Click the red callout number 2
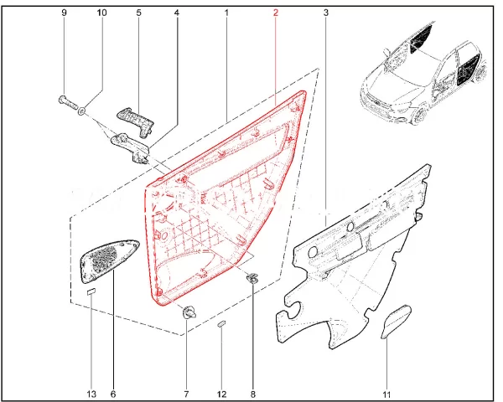pyautogui.click(x=276, y=13)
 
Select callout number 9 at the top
pyautogui.click(x=65, y=13)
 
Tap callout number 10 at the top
pyautogui.click(x=101, y=13)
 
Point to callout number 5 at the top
pyautogui.click(x=138, y=13)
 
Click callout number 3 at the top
pyautogui.click(x=326, y=13)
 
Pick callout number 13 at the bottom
pyautogui.click(x=91, y=394)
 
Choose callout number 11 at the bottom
pyautogui.click(x=386, y=394)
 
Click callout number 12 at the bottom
pyautogui.click(x=221, y=394)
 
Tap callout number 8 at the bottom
pyautogui.click(x=253, y=394)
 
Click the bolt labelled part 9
pyautogui.click(x=67, y=102)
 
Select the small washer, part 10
pyautogui.click(x=82, y=111)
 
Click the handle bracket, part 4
pyautogui.click(x=131, y=147)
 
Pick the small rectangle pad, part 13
pyautogui.click(x=91, y=291)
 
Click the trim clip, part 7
pyautogui.click(x=189, y=312)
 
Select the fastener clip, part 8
pyautogui.click(x=253, y=278)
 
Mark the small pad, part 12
pyautogui.click(x=221, y=323)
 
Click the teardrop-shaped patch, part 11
pyautogui.click(x=395, y=322)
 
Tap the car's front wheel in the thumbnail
pyautogui.click(x=419, y=115)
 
